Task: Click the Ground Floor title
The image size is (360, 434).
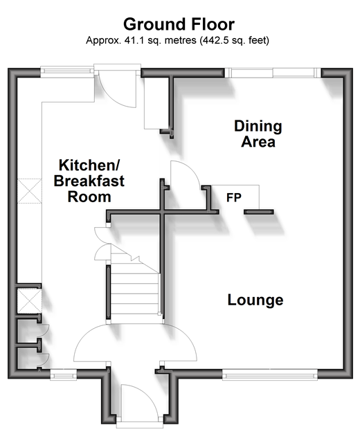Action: coord(179,24)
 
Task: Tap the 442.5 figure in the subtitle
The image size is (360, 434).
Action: coord(213,40)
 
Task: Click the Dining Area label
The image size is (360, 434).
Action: coord(258,134)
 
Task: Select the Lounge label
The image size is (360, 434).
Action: coord(255,300)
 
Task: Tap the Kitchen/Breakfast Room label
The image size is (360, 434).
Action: coord(89,181)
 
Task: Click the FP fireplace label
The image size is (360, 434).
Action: coord(234,198)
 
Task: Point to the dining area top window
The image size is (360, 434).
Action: coord(273,73)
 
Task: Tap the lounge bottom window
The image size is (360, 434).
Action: coord(270,374)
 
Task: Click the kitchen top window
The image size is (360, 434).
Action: coord(66,71)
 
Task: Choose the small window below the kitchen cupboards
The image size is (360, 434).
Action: coord(64,374)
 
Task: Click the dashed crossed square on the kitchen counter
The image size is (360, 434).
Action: coord(30,191)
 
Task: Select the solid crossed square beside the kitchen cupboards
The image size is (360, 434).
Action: coord(29,301)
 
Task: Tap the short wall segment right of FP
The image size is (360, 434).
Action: coord(259,212)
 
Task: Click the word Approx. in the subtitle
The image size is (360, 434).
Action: coord(104,41)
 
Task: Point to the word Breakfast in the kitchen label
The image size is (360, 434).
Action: coord(89,181)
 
